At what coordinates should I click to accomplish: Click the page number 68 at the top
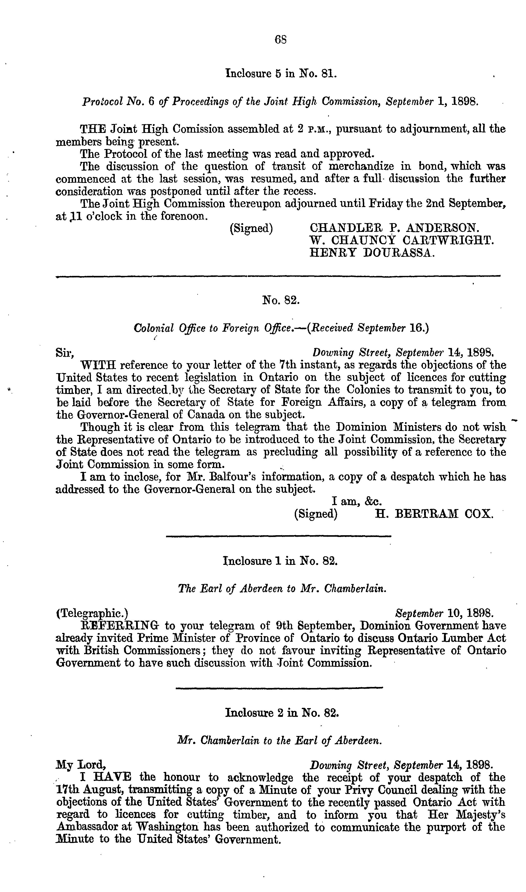280,40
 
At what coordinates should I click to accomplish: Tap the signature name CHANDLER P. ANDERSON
394,227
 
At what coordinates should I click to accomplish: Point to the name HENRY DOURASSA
371,252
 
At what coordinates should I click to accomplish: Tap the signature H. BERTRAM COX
434,514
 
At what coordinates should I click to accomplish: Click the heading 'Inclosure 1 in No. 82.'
280,561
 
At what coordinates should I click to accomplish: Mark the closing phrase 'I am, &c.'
356,501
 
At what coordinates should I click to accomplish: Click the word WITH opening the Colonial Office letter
98,365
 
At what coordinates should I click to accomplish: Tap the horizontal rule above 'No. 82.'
278,276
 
